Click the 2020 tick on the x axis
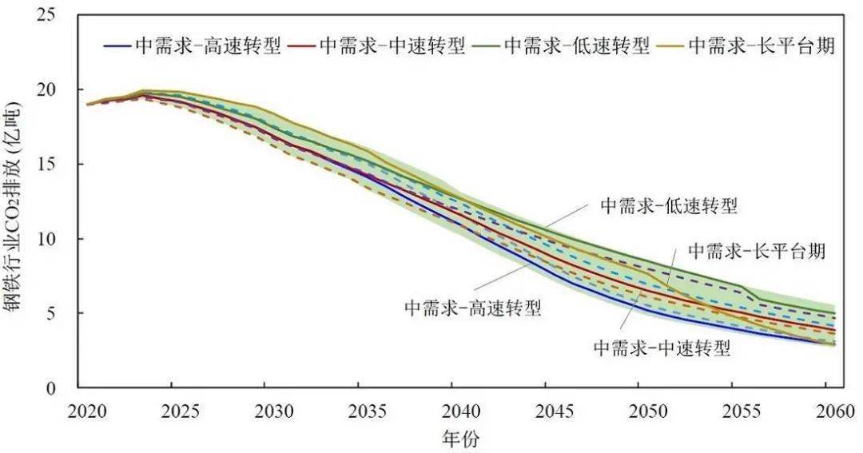click(x=88, y=410)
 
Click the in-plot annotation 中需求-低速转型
click(x=668, y=207)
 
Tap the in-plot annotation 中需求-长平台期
click(x=756, y=251)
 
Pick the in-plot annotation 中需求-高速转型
click(x=472, y=308)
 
